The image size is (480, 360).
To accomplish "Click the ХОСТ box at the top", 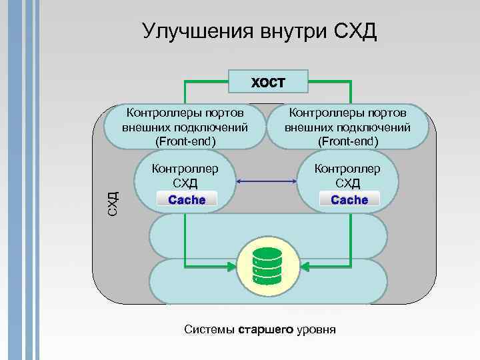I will pos(268,83).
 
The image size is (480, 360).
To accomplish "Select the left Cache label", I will pos(187,199).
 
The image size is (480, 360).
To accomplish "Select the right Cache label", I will pos(349,199).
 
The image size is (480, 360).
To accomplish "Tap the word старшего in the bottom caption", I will pos(265,330).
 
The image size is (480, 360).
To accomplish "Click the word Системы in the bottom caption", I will pos(209,330).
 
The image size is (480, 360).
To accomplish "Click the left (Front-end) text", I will pos(185,141).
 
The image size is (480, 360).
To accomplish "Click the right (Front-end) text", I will pos(348,141).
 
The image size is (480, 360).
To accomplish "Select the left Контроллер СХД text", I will pos(185,175).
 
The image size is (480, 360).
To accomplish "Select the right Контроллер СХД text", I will pos(348,175).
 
